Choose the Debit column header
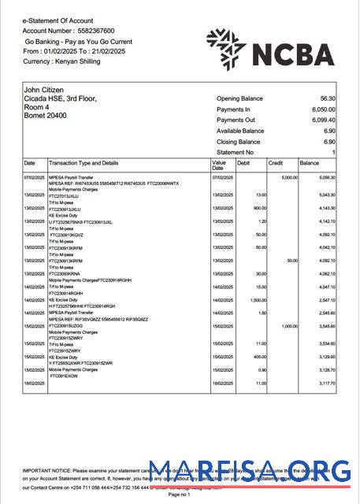click(x=243, y=163)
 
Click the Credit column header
click(x=276, y=163)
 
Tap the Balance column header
click(x=309, y=163)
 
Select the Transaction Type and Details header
click(x=84, y=163)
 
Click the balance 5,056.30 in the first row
click(x=324, y=179)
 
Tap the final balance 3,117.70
click(x=324, y=382)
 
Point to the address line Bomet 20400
click(x=45, y=116)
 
